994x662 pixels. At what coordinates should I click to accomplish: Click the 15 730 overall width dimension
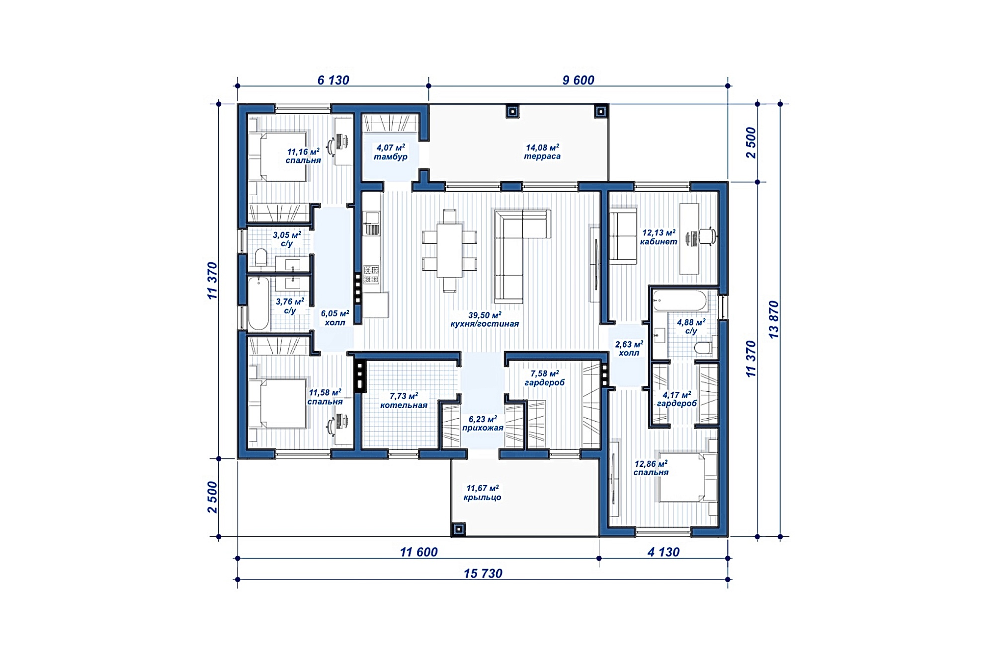click(483, 574)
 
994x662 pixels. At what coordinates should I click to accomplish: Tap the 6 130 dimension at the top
click(333, 80)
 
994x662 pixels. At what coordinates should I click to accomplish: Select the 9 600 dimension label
click(579, 80)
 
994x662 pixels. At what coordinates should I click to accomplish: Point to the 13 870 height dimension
click(774, 320)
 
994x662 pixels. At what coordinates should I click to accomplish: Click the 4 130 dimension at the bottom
click(663, 552)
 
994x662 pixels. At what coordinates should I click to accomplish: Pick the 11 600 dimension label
click(419, 552)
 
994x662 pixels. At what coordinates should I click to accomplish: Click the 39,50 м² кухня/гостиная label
click(485, 319)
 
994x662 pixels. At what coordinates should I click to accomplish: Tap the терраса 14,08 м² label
click(542, 152)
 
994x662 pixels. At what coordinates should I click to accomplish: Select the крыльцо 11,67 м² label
click(482, 493)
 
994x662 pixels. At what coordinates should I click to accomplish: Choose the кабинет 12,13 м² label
click(659, 237)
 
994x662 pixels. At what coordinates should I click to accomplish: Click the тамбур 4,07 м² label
click(391, 152)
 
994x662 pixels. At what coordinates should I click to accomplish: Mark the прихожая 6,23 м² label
click(483, 423)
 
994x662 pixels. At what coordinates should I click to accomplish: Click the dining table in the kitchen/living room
click(450, 250)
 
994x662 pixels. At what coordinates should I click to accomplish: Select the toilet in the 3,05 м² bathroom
click(260, 258)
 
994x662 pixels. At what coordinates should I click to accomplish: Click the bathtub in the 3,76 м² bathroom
click(258, 303)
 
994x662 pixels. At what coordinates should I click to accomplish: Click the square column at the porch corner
click(458, 529)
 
